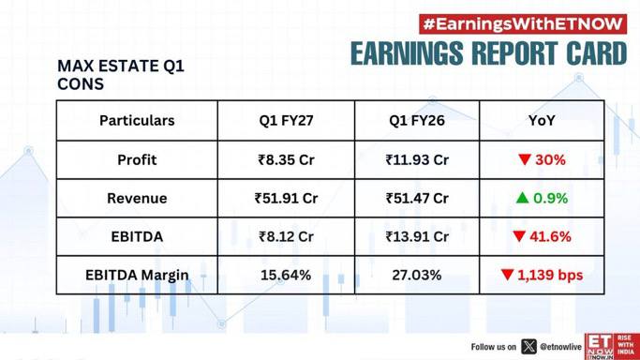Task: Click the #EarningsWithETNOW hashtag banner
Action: (x=523, y=24)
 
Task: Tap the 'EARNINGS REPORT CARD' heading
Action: (x=488, y=53)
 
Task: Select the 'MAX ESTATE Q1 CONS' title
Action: (x=121, y=75)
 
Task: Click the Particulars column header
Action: (x=137, y=120)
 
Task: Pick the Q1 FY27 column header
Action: (x=286, y=120)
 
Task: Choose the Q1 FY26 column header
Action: (x=417, y=120)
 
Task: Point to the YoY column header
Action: (x=542, y=120)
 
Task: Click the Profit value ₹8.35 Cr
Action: (x=286, y=159)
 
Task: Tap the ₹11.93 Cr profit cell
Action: (x=417, y=159)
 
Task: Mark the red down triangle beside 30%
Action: (x=525, y=159)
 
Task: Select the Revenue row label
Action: (x=137, y=199)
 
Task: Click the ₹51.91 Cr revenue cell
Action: (x=286, y=199)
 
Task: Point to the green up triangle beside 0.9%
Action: (x=522, y=198)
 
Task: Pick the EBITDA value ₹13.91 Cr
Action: (x=417, y=237)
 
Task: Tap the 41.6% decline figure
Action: (x=550, y=237)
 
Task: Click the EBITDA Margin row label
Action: (x=137, y=276)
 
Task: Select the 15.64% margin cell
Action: (x=286, y=275)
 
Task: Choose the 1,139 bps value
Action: (x=550, y=275)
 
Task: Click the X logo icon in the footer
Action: (x=528, y=347)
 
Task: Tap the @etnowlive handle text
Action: (x=560, y=347)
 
